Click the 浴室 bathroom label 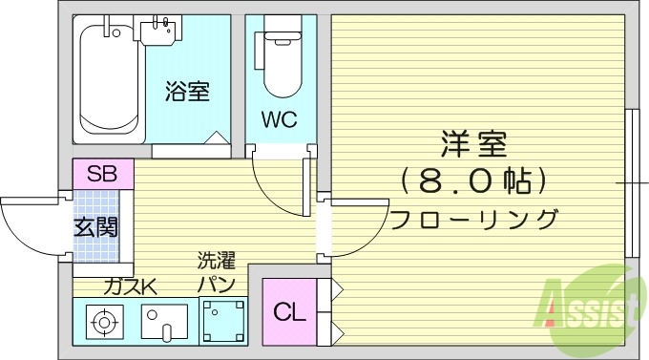coord(187,92)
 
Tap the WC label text coord(279,120)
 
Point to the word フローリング coord(474,218)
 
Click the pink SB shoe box coord(102,174)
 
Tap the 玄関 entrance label coord(96,227)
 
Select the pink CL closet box coord(289,311)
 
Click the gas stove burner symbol coord(101,322)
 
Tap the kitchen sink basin coord(164,322)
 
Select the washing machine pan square coord(222,320)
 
